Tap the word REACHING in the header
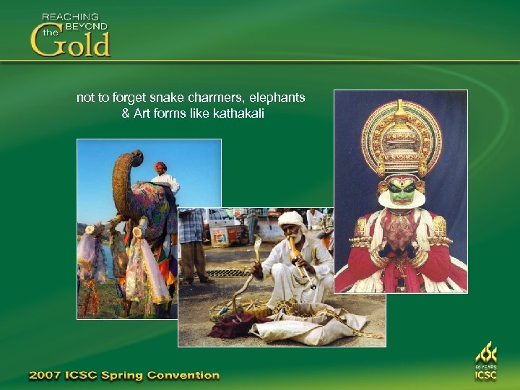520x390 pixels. (70, 16)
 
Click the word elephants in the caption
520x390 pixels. (277, 97)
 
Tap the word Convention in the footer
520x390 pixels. (183, 376)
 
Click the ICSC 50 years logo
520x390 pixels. (486, 361)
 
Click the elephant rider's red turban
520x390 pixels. (160, 167)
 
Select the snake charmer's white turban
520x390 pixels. (291, 219)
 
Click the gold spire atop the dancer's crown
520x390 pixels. (401, 108)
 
